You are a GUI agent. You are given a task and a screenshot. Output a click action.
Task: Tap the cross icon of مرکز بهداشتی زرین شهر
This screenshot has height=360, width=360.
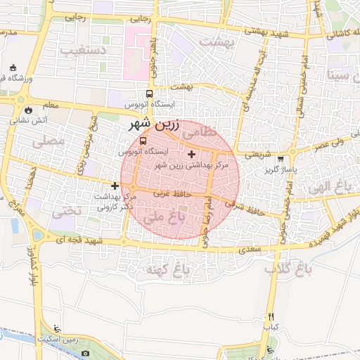(x=191, y=153)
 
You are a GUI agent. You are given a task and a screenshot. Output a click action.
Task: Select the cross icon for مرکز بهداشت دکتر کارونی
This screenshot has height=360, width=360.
(x=115, y=186)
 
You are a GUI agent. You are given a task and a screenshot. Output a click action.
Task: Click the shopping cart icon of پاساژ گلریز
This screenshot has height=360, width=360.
(x=281, y=159)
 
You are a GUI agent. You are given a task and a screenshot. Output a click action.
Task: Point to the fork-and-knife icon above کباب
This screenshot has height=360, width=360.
(x=271, y=317)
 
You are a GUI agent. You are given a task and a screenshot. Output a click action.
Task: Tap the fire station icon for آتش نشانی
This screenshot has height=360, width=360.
(x=27, y=110)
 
